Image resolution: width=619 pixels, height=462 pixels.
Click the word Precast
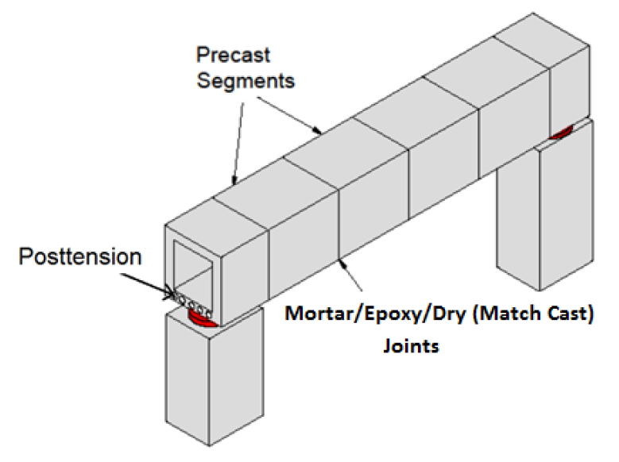coord(234,55)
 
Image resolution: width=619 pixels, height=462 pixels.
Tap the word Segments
coord(246,81)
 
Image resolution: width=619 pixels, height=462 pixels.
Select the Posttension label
coord(80,256)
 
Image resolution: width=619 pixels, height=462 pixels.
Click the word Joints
coord(411,346)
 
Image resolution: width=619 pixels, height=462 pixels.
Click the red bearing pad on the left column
coord(201,319)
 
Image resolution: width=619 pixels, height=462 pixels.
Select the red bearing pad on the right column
coord(560,133)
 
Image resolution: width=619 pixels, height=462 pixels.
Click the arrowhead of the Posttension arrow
coord(170,294)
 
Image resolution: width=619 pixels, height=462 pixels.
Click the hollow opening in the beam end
coord(193,272)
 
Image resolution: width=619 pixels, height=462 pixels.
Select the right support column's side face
coord(566,205)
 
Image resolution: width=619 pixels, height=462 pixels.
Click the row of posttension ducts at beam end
coord(192,305)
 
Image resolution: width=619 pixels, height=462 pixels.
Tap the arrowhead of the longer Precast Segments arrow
coord(317,130)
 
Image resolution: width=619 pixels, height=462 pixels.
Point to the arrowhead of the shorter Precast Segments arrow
coord(234,181)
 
